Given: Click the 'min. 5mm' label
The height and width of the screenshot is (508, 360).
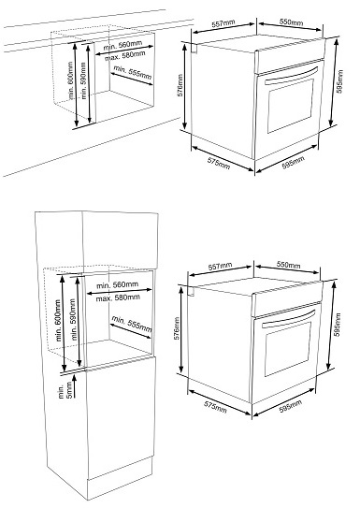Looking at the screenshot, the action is (x=65, y=390).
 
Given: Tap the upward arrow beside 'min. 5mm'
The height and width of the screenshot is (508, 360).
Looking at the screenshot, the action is (x=75, y=386).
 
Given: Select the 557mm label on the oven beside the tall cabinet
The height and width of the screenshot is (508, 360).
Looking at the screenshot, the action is (x=220, y=267).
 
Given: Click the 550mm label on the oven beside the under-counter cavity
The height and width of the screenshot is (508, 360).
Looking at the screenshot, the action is (x=291, y=22).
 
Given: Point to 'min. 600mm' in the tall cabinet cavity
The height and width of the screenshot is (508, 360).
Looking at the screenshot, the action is (x=58, y=320).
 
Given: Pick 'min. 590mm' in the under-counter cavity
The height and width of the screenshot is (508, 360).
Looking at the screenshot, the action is (x=84, y=80).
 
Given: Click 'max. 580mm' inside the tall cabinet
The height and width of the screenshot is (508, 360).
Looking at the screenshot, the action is (x=118, y=298).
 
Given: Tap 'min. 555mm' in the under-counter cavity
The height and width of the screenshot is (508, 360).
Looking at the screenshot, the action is (x=133, y=73).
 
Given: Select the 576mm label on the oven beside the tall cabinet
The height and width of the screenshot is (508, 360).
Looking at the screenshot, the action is (x=177, y=328).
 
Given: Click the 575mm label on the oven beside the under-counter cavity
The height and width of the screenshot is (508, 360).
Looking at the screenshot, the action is (x=219, y=164).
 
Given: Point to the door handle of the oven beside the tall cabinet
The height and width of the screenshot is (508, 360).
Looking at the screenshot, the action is (x=288, y=319).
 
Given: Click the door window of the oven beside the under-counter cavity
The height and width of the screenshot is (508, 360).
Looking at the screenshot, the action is (x=291, y=106).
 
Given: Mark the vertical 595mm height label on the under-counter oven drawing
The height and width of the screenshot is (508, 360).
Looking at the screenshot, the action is (x=339, y=81).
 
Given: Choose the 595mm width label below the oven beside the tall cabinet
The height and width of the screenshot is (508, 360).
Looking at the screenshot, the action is (x=291, y=406).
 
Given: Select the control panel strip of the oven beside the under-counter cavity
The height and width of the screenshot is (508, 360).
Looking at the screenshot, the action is (x=290, y=55).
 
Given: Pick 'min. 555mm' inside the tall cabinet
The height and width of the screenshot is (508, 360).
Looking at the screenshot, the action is (x=132, y=324).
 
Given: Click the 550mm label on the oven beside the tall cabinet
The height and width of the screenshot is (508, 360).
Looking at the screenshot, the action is (x=288, y=265).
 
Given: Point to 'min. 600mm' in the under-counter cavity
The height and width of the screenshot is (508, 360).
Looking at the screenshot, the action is (x=70, y=80).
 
